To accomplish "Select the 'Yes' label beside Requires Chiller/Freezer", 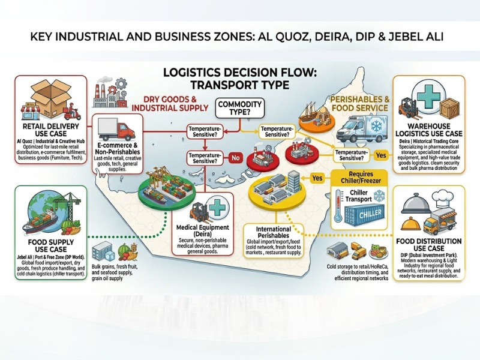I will [x=317, y=178].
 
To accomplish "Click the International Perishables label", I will [x=274, y=232].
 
